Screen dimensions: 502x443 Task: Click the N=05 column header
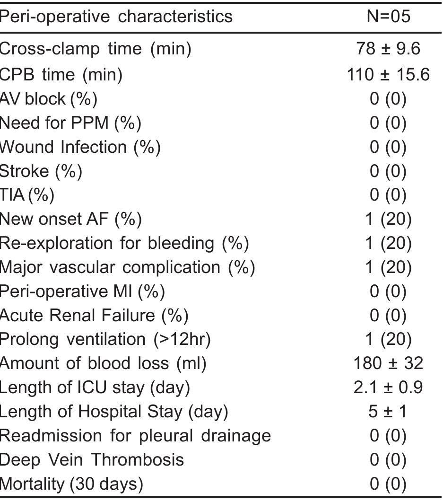coord(388,17)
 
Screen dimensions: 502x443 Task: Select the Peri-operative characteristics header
coord(116,17)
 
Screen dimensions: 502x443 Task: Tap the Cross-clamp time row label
coord(96,49)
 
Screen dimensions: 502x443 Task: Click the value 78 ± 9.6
coord(388,49)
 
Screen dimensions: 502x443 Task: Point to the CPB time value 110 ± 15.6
coord(388,74)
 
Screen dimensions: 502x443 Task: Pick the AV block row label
coord(48,98)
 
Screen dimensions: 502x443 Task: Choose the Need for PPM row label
coord(70,123)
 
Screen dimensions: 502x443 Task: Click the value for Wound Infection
coord(388,147)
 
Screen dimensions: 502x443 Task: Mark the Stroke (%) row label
coord(41,171)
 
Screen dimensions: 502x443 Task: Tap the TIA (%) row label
coord(27,194)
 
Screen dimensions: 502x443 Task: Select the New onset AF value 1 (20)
coord(388,219)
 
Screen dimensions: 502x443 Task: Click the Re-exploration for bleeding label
coord(124,243)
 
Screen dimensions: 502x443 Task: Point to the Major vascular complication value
coord(388,267)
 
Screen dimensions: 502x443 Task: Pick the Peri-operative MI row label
coord(82,291)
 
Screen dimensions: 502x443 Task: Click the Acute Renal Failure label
coord(94,315)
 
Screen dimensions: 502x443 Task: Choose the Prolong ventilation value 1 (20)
coord(388,339)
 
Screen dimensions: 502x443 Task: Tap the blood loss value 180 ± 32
coord(388,363)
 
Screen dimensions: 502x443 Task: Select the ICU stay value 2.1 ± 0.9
coord(388,388)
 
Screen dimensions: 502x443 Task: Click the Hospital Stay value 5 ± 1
coord(388,412)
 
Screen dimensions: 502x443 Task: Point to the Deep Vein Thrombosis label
coord(92,459)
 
